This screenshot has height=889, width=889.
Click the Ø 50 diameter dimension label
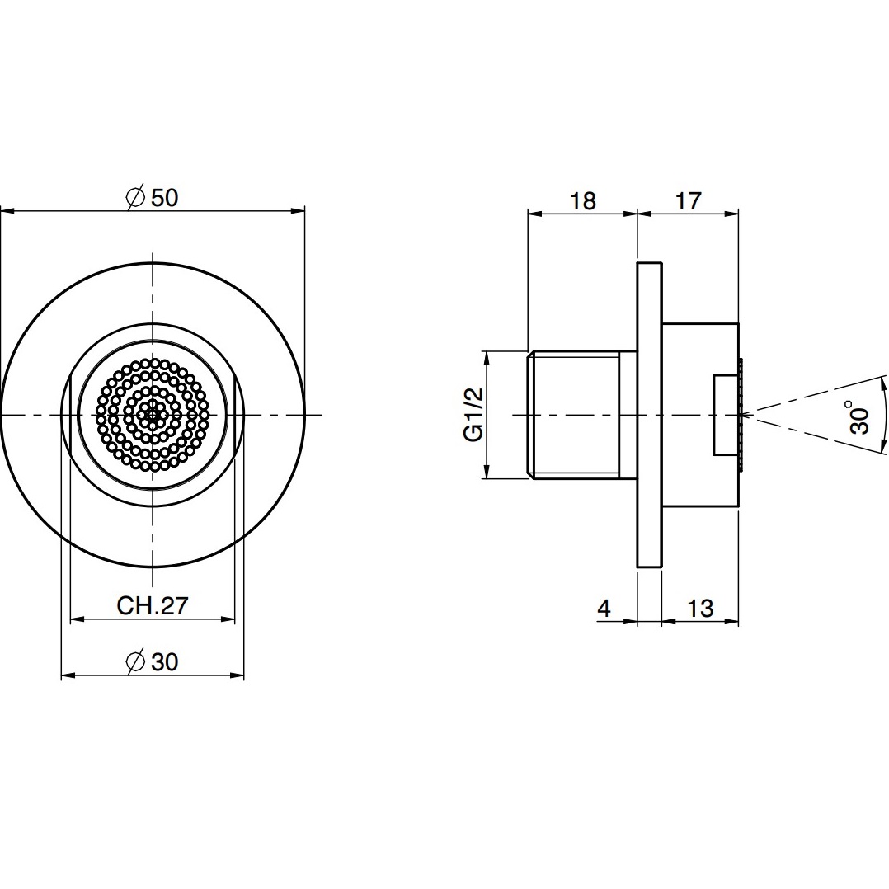coord(152,197)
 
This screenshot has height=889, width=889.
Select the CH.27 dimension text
coord(152,606)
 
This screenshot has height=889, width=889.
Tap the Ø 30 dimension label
coord(152,661)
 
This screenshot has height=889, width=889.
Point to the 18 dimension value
coord(582,200)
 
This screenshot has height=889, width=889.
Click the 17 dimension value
coord(689,200)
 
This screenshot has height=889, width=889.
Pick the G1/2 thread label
coord(473,415)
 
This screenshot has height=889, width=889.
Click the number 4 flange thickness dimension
coord(604,609)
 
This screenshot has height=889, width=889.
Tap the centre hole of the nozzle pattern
coord(153,415)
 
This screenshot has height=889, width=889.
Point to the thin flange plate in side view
coord(650,415)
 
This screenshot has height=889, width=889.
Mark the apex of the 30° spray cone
coord(743,415)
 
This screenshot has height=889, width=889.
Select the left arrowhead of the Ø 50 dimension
coord(7,212)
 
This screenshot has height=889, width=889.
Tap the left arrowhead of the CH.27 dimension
coord(78,619)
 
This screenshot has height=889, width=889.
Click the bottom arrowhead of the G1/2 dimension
coord(487,471)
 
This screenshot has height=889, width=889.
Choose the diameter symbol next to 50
coord(135,198)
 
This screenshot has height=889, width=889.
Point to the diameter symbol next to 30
coord(135,662)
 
